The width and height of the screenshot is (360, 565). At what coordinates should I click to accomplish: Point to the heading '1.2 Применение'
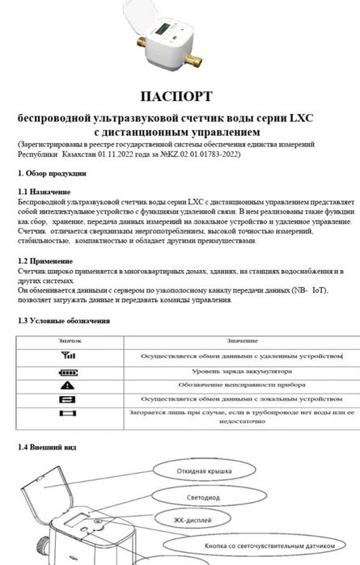pos(45,261)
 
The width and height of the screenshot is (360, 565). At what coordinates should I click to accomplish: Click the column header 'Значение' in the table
pos(240,340)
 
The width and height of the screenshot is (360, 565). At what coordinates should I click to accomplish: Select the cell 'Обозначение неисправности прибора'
pos(240,385)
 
